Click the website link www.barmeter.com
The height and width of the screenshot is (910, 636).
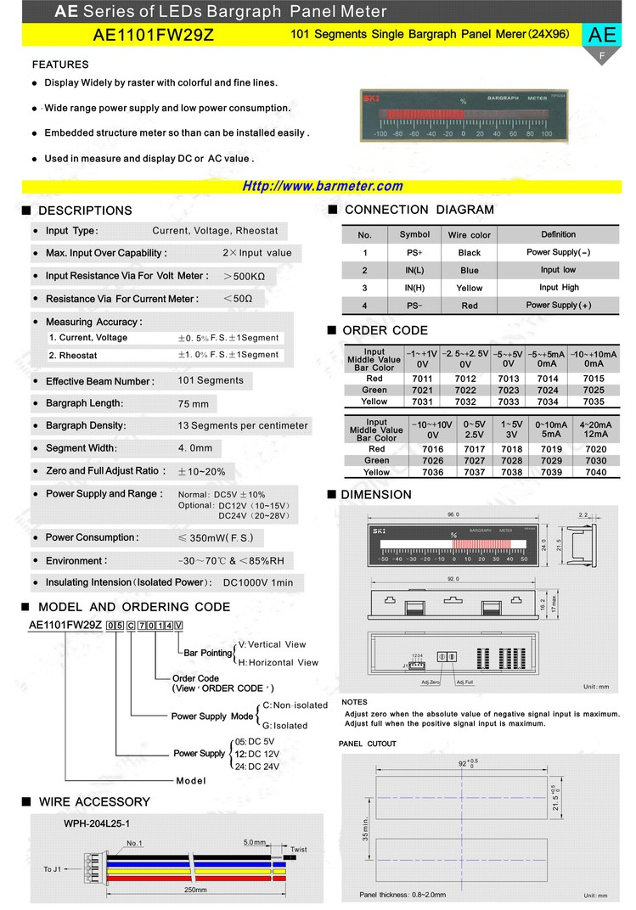(323, 187)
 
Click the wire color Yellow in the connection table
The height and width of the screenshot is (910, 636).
(469, 288)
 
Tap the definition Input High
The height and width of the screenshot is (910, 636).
(558, 288)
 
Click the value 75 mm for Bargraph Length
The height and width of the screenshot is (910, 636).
(194, 404)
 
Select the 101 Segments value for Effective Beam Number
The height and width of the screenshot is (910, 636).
(211, 380)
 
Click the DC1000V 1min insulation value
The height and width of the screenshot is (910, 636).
(257, 582)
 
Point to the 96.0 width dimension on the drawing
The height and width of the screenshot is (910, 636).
(452, 514)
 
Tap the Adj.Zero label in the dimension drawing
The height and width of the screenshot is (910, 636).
(430, 682)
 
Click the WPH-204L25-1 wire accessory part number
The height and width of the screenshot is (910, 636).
(97, 823)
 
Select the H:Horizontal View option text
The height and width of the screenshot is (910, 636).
(278, 662)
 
